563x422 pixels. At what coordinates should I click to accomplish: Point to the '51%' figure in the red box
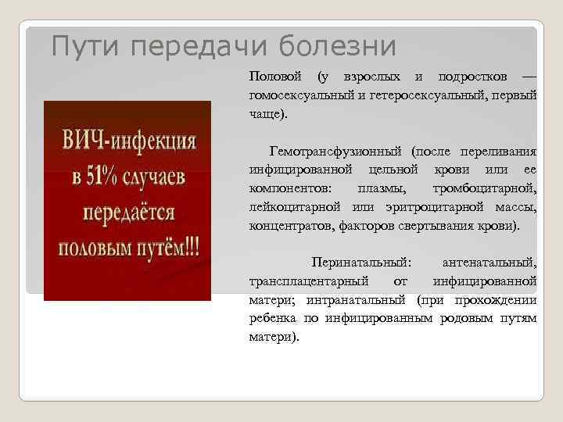coord(102,177)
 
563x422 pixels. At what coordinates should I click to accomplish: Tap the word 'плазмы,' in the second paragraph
coord(382,188)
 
